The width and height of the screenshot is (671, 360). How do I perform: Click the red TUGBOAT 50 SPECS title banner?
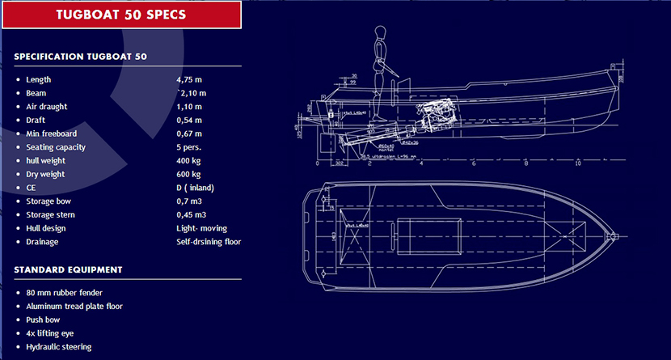point(122,15)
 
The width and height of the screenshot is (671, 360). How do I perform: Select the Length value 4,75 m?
point(190,80)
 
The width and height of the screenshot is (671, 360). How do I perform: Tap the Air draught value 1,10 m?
point(190,107)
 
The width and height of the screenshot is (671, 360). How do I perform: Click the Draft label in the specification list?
point(36,121)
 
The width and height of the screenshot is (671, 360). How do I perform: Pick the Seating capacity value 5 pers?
point(188,147)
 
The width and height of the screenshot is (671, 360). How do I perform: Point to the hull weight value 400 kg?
point(189,161)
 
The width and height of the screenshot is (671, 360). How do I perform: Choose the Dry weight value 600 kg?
point(189,175)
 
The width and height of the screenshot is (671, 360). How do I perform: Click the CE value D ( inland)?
point(195,188)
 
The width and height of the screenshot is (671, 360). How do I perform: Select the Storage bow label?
point(50,201)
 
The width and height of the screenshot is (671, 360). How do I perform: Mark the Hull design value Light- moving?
point(202,228)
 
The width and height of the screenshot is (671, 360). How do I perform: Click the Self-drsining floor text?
point(209,242)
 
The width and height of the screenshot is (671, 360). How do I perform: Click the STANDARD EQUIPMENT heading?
point(68,269)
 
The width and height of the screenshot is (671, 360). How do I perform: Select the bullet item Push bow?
point(44,320)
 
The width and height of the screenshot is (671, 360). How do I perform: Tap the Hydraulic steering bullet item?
point(58,347)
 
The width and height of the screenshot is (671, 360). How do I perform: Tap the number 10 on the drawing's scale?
point(578,163)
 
